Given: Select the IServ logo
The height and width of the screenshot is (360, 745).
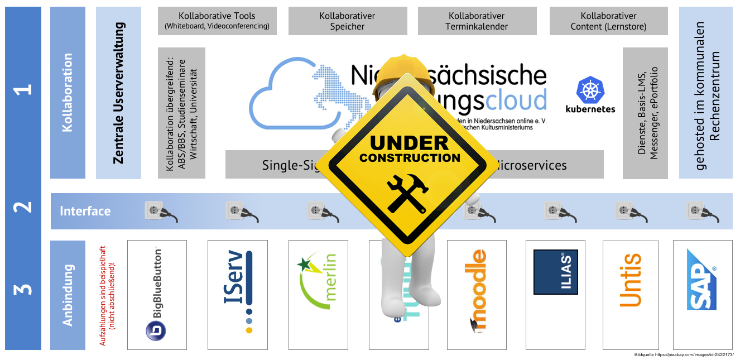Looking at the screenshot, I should pyautogui.click(x=237, y=292).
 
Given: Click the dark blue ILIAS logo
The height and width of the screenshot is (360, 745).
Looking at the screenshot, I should pyautogui.click(x=555, y=272).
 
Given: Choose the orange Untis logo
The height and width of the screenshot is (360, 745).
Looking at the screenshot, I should pyautogui.click(x=631, y=280).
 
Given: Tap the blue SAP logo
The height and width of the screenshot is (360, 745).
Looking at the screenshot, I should pyautogui.click(x=701, y=279).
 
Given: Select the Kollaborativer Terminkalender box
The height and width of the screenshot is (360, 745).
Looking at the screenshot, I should pyautogui.click(x=477, y=21).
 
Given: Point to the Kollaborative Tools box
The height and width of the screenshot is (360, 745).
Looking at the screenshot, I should pyautogui.click(x=217, y=21).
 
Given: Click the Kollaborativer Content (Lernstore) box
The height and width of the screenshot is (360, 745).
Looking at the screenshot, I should pyautogui.click(x=608, y=21).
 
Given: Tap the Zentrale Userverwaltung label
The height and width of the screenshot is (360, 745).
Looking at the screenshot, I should pyautogui.click(x=118, y=93).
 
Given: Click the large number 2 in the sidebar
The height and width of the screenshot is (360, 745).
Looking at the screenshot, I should pyautogui.click(x=23, y=208).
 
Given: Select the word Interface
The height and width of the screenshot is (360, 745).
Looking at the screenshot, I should pyautogui.click(x=85, y=211).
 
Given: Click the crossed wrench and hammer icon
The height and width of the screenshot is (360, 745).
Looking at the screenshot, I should pyautogui.click(x=409, y=193).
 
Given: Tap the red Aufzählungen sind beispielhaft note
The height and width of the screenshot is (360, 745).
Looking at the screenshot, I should pyautogui.click(x=107, y=296).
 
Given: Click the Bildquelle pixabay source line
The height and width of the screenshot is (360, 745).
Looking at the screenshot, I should pyautogui.click(x=684, y=355).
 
